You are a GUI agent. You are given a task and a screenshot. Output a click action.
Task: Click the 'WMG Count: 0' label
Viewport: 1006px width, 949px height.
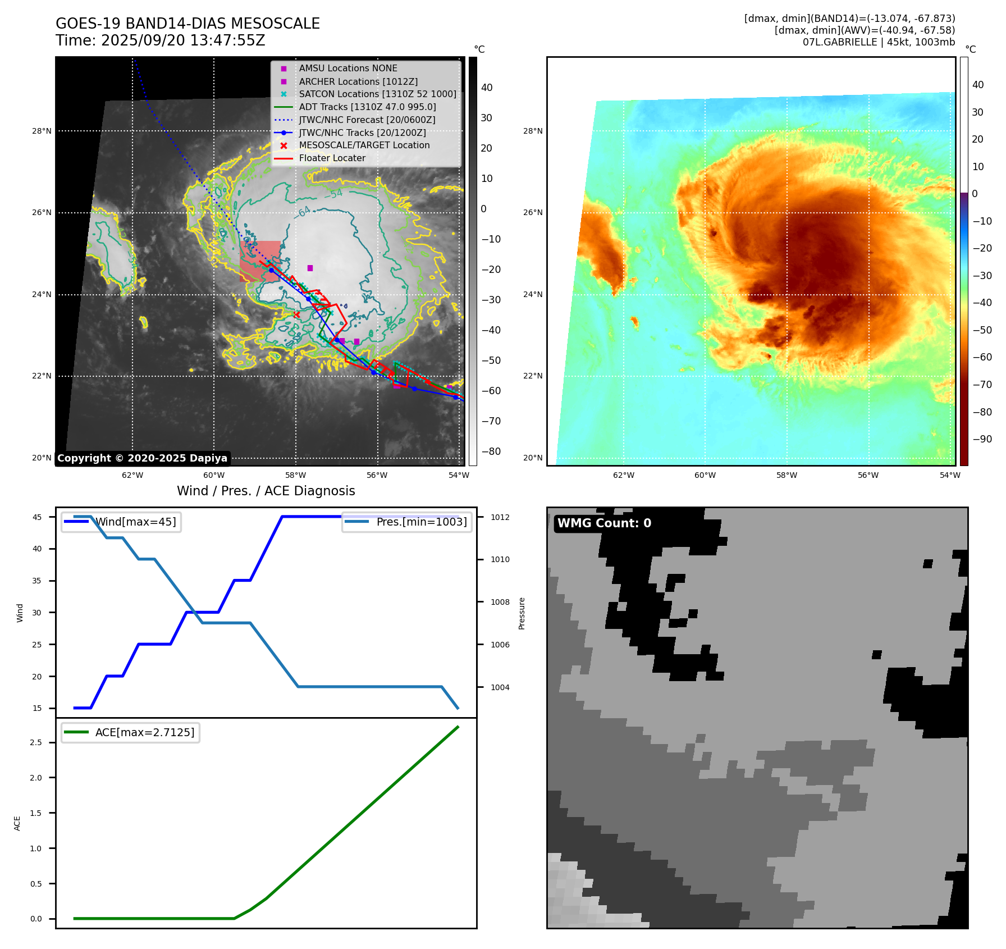604,523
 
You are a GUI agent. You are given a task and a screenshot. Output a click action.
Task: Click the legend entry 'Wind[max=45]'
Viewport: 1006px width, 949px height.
135,522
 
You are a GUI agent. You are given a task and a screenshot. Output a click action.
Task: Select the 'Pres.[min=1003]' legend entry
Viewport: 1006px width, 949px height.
421,522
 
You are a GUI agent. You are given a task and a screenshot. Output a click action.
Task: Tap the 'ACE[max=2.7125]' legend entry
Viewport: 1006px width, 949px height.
144,732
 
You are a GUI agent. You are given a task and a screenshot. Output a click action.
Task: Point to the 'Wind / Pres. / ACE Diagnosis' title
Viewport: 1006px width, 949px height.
266,491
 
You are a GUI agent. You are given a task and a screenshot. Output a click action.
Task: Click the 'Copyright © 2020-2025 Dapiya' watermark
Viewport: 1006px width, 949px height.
142,458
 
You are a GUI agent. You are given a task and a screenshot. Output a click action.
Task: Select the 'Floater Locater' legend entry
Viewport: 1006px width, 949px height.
332,158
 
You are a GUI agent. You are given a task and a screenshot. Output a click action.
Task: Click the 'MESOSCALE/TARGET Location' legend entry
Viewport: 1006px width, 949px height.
364,145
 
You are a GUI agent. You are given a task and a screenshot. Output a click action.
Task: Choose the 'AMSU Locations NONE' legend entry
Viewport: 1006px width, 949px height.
347,69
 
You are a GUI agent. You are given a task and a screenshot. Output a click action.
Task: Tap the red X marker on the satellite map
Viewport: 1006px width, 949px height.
296,314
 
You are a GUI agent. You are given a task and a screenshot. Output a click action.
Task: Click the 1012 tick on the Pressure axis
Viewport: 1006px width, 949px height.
500,517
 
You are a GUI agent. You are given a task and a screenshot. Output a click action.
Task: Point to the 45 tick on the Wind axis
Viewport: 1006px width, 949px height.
37,517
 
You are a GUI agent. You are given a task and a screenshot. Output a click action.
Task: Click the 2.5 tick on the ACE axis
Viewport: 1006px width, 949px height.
36,742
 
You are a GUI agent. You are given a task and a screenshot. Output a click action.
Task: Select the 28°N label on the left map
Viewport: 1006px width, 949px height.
42,131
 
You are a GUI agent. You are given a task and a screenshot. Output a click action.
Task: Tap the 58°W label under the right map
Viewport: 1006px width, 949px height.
786,476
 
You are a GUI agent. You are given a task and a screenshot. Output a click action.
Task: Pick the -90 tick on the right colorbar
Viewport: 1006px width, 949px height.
982,439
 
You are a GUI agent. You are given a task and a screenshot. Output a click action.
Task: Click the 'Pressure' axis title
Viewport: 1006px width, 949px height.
522,613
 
